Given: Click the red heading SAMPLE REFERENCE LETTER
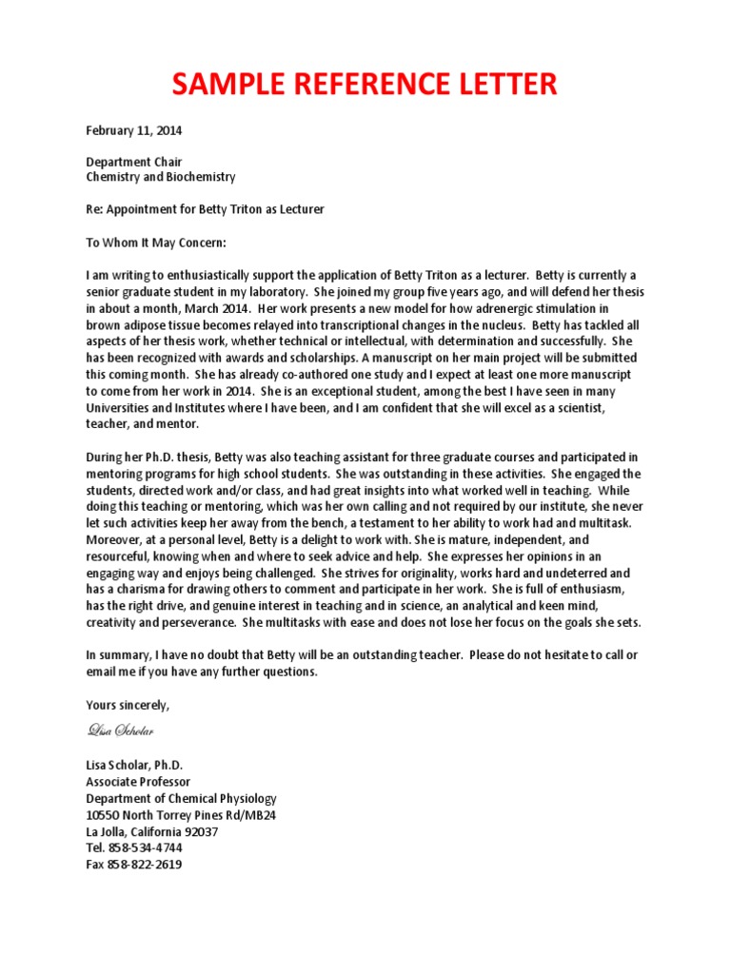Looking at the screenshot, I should click(365, 85).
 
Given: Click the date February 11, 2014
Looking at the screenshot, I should click(134, 130).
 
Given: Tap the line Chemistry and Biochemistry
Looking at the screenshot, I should click(161, 177).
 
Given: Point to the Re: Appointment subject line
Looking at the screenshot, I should click(205, 208).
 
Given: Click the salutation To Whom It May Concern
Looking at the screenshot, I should click(157, 243).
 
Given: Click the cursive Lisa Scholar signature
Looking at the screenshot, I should click(120, 730).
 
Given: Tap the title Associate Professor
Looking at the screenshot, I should click(140, 782).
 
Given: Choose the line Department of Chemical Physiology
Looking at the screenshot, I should click(181, 798).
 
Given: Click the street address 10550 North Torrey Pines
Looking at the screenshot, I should click(181, 815).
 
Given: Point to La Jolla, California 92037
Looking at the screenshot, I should click(152, 831).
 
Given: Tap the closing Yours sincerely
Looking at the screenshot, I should click(128, 705).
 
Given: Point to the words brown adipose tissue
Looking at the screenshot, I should click(146, 325).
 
